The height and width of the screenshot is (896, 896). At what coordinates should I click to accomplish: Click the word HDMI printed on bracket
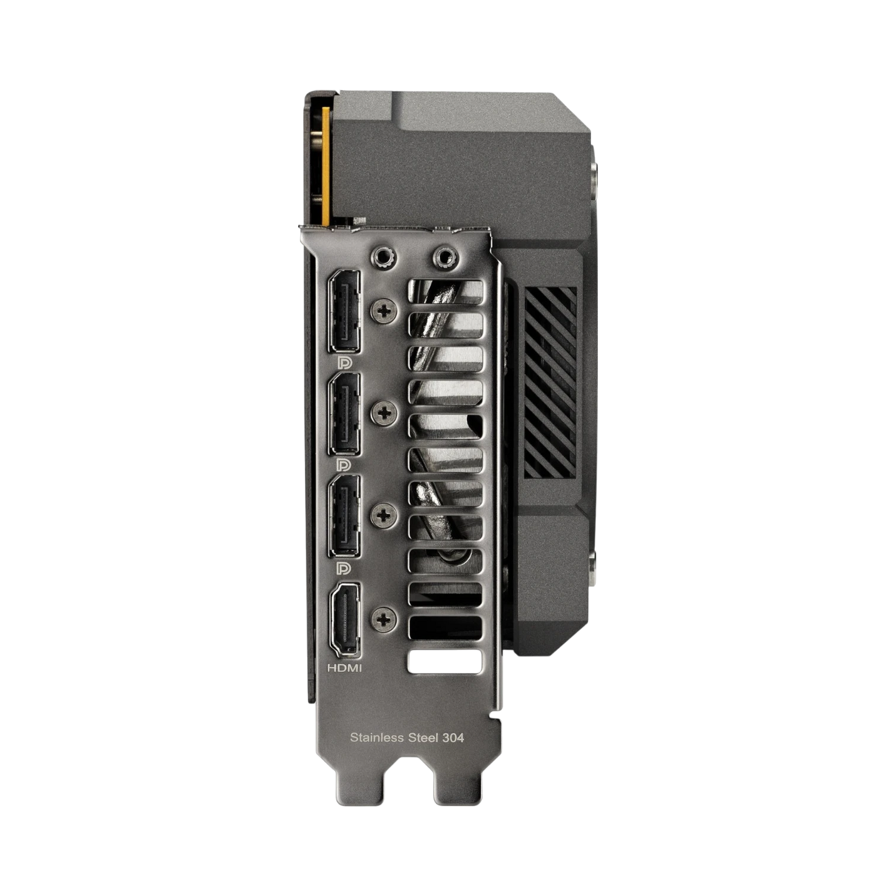345,668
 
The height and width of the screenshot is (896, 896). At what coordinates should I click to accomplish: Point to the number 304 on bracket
453,738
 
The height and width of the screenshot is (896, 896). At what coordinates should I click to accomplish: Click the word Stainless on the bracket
377,738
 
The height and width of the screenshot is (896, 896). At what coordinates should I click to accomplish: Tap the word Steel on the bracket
423,738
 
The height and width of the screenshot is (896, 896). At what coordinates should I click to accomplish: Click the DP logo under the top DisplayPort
345,363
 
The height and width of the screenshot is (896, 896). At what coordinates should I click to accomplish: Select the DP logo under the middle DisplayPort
345,465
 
